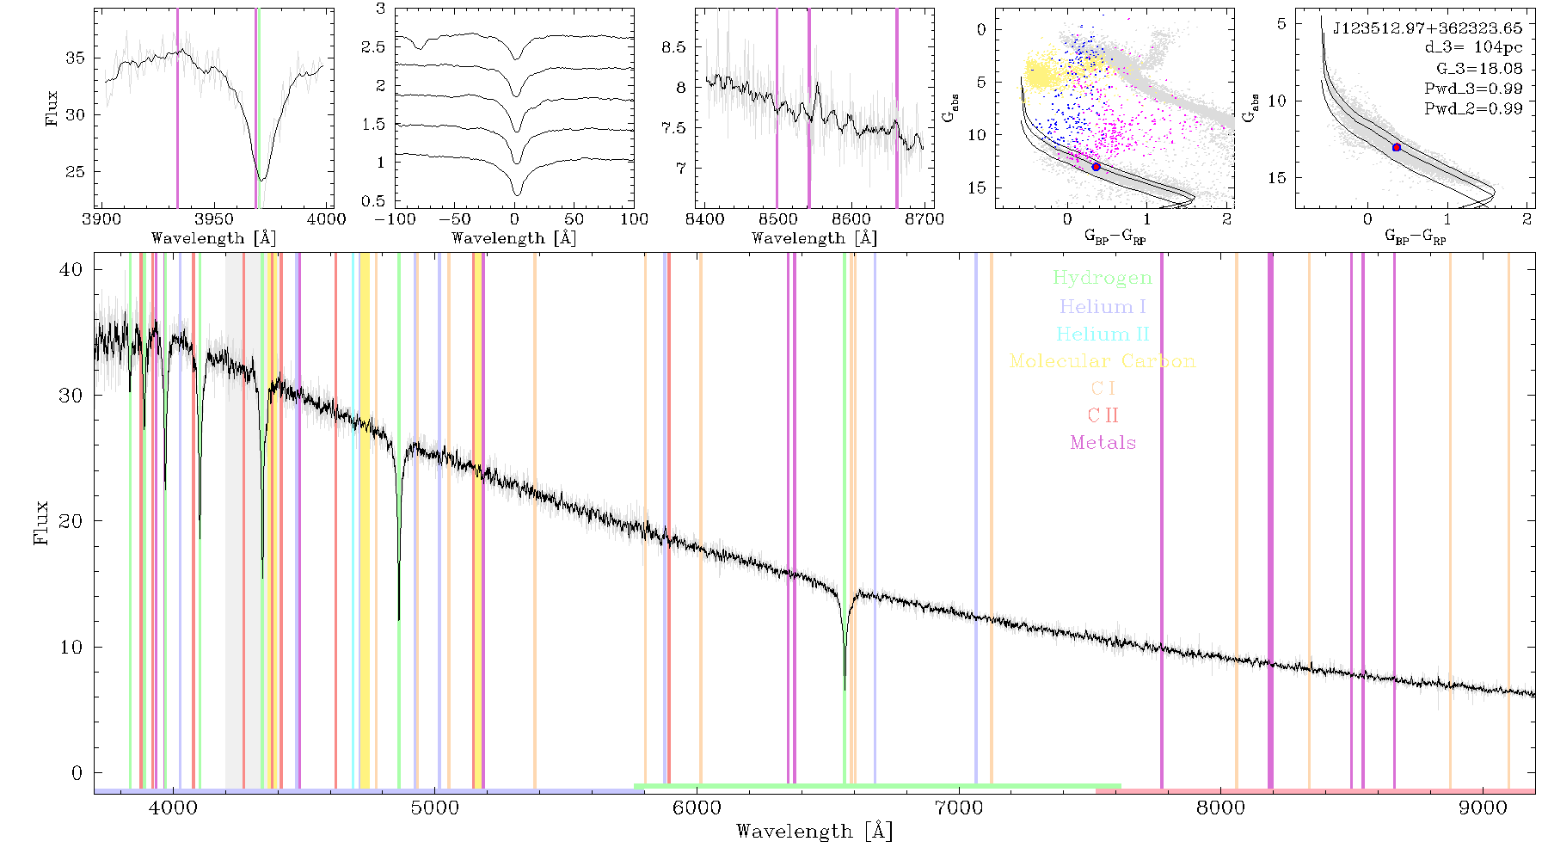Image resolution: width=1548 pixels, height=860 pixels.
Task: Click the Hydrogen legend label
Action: (1102, 279)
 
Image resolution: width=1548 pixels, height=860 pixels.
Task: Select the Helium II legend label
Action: (1103, 334)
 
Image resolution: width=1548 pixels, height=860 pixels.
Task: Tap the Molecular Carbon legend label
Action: (1103, 361)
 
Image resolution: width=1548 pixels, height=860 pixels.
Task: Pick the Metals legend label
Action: (1103, 442)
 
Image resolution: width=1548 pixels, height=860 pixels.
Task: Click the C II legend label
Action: (1103, 415)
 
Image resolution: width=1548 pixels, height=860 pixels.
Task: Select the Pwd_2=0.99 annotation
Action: (1473, 109)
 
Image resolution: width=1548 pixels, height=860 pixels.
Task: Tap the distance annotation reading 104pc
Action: (1498, 48)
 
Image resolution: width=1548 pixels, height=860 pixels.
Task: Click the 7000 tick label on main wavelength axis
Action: (959, 808)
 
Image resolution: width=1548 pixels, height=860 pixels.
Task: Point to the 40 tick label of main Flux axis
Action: (71, 270)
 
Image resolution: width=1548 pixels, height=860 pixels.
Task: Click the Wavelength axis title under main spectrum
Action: (814, 832)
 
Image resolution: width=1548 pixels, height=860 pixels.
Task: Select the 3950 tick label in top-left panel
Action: (214, 219)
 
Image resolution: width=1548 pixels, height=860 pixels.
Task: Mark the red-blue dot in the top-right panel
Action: (1397, 148)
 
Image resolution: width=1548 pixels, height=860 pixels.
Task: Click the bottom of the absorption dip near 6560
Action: (845, 689)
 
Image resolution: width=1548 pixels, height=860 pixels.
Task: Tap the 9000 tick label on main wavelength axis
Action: (1483, 808)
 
